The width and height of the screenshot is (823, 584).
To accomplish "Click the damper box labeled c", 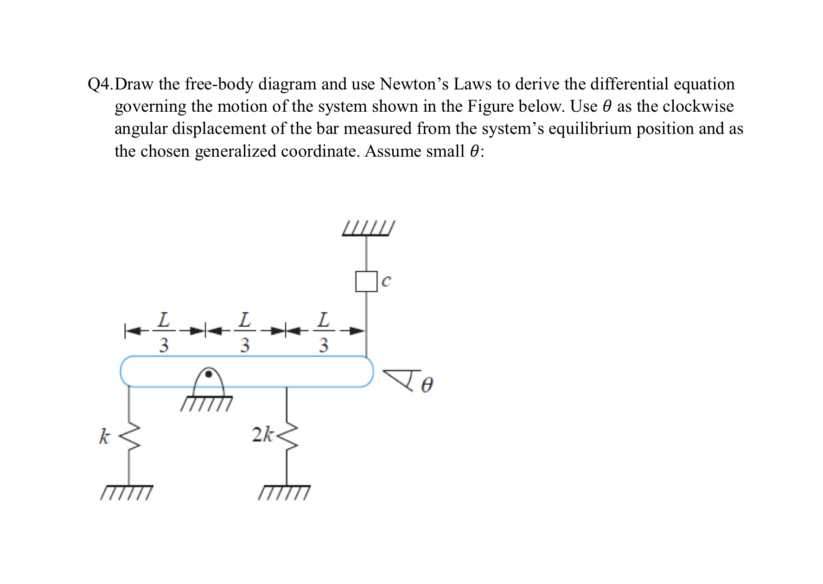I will tap(366, 281).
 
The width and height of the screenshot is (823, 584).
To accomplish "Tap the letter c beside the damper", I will tap(386, 280).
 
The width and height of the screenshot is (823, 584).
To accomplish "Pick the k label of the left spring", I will tap(105, 437).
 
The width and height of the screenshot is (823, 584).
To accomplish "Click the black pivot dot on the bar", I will tap(209, 374).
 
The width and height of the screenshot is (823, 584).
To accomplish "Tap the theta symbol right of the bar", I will tap(427, 385).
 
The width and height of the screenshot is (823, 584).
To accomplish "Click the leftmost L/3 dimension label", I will tap(164, 332).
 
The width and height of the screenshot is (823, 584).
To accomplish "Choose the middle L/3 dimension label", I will tap(244, 332).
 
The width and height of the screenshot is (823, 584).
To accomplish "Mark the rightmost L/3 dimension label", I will tap(324, 332).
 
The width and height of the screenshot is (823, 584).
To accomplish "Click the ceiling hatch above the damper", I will tap(368, 229).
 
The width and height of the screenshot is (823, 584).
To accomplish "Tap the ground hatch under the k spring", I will tap(126, 493).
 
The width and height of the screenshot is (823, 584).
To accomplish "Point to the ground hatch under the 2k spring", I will tap(284, 493).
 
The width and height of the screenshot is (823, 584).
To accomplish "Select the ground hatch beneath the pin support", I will tap(207, 403).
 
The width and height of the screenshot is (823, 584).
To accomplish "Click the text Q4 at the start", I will tap(100, 84).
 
